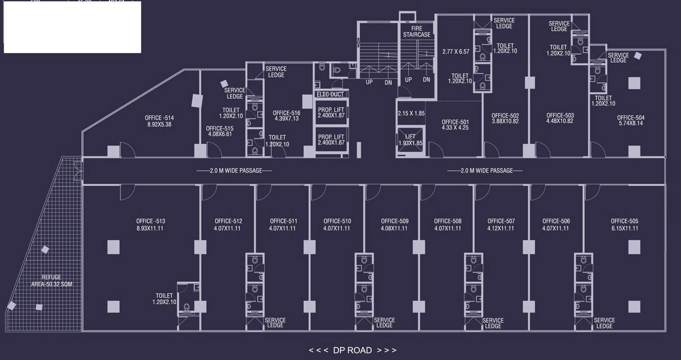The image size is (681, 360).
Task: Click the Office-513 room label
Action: (x=150, y=221)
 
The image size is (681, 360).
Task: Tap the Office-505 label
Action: (x=624, y=221)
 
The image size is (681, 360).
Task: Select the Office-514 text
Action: (x=159, y=118)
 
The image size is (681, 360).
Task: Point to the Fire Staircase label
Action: (x=416, y=31)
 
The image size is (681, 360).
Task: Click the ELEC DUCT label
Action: (x=330, y=94)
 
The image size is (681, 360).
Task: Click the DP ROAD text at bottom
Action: (x=352, y=350)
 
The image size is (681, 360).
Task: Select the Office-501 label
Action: (x=455, y=122)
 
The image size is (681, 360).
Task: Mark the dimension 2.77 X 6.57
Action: (x=456, y=52)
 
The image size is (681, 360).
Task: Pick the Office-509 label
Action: (x=395, y=221)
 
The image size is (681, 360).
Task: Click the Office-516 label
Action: (x=286, y=113)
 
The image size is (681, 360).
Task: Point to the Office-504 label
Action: (x=631, y=118)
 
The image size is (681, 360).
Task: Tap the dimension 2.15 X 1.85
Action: (x=411, y=113)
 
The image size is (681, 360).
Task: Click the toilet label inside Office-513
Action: (x=164, y=299)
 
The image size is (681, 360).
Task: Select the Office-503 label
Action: (x=560, y=116)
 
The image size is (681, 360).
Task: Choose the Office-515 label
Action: (x=220, y=128)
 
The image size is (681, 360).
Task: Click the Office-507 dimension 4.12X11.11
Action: (x=501, y=228)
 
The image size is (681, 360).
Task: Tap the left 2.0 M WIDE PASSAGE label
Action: (x=234, y=171)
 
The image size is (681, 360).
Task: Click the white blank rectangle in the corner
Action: (x=72, y=28)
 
